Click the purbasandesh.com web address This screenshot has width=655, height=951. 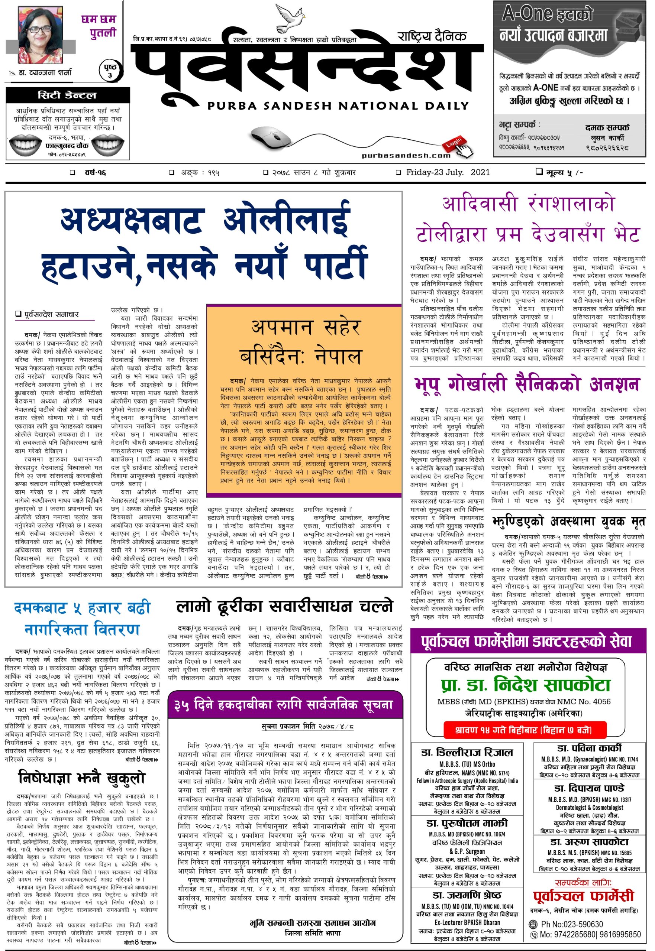pyautogui.click(x=406, y=155)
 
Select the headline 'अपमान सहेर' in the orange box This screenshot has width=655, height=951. pyautogui.click(x=306, y=328)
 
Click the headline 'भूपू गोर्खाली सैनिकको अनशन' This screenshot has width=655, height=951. pyautogui.click(x=527, y=384)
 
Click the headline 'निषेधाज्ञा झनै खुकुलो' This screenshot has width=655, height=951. pyautogui.click(x=82, y=778)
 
